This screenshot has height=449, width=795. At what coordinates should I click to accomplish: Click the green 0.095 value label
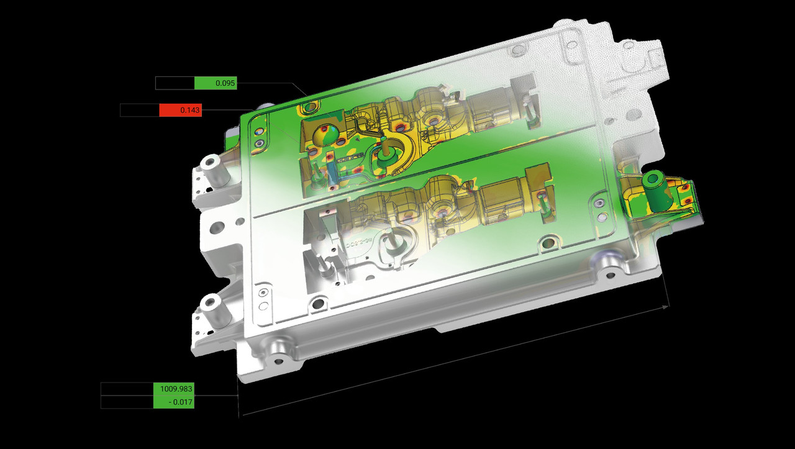216,83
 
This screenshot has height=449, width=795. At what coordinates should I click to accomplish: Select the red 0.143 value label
180,110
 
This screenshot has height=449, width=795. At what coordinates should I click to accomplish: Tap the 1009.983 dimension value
173,389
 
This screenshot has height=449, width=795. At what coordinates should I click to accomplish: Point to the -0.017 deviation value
173,402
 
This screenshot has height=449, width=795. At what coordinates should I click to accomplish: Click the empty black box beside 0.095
175,83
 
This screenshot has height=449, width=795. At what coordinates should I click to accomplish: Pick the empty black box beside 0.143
140,110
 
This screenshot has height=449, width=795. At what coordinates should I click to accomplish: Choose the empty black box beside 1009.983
127,389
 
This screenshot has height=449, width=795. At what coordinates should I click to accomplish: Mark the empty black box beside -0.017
127,402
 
